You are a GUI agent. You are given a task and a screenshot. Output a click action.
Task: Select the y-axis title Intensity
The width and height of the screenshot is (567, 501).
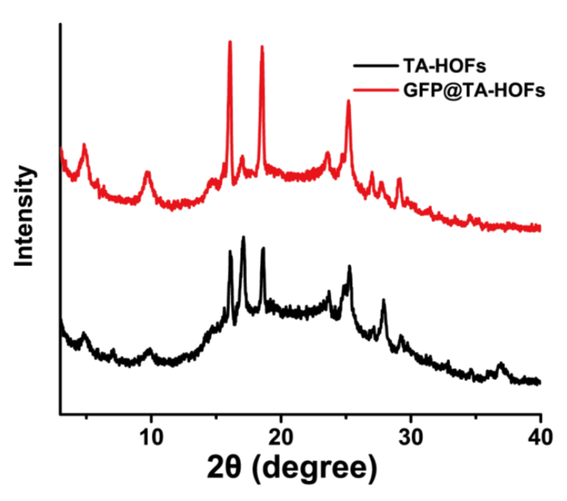[x=26, y=216]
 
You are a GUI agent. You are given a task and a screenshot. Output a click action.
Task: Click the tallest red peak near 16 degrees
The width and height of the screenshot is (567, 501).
[x=229, y=42]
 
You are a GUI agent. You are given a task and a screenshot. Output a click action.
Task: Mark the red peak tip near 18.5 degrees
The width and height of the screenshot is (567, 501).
[x=262, y=47]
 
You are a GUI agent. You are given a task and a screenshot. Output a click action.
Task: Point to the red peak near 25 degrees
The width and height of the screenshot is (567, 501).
[x=348, y=102]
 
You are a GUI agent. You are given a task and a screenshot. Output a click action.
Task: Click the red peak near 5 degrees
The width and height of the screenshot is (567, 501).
[x=84, y=146]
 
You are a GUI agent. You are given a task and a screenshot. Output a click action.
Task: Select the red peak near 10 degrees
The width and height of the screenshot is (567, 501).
[x=147, y=173]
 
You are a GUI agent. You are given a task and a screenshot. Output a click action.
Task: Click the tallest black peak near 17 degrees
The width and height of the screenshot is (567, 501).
[x=244, y=238]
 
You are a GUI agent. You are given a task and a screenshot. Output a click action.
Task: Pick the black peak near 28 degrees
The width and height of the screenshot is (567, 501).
[x=384, y=301]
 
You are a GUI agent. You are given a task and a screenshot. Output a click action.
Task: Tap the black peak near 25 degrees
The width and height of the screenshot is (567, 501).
[x=349, y=267]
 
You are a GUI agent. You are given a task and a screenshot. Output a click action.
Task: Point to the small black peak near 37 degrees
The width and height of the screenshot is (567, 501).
[x=500, y=365]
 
